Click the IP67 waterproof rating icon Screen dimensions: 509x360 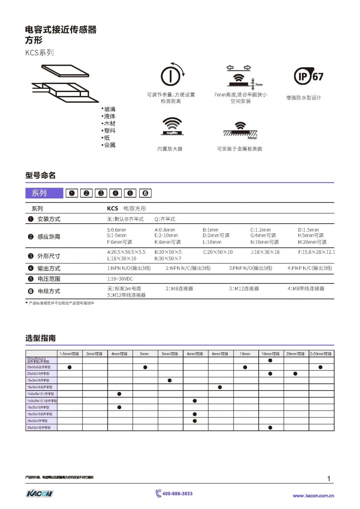click(x=308, y=76)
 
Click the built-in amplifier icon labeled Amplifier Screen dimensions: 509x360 click(x=171, y=126)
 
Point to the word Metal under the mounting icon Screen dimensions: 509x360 click(x=252, y=138)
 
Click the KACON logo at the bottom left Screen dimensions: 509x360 click(x=39, y=493)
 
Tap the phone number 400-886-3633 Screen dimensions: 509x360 click(x=177, y=493)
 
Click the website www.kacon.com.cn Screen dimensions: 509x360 click(x=313, y=496)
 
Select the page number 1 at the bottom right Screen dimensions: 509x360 click(x=329, y=479)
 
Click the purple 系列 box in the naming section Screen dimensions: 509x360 click(x=44, y=193)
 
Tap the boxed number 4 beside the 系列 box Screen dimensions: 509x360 click(x=115, y=193)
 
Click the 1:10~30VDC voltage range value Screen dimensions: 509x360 click(x=120, y=279)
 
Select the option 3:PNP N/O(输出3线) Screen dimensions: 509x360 click(x=250, y=268)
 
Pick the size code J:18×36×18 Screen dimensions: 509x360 click(x=265, y=252)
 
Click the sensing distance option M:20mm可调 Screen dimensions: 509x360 click(x=312, y=242)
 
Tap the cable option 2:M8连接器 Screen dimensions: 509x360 click(x=179, y=289)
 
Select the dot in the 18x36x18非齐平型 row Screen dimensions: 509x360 click(x=220, y=387)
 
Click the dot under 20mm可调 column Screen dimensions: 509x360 click(x=296, y=374)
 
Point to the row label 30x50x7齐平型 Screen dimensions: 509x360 click(x=37, y=421)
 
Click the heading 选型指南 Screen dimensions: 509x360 click(x=40, y=338)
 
